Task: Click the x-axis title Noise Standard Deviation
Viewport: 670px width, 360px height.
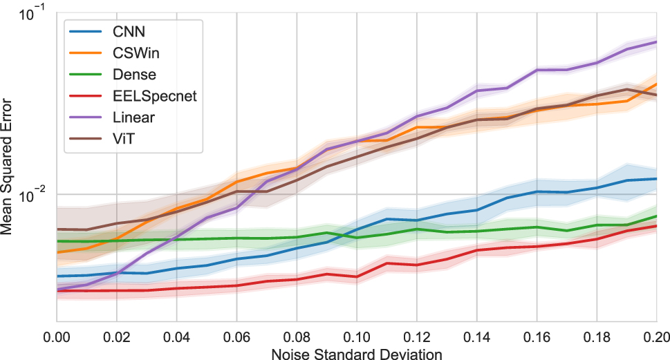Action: pyautogui.click(x=356, y=354)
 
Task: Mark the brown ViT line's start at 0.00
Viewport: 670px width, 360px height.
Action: pyautogui.click(x=57, y=229)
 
